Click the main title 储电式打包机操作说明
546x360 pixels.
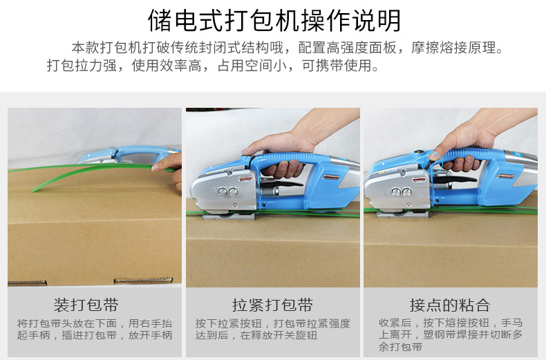[274, 21]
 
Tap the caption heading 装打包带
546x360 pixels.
[86, 305]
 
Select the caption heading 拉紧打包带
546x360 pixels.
[272, 305]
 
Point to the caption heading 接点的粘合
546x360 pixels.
[450, 305]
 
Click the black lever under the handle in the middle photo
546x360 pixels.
[282, 183]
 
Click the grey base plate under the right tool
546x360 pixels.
[402, 214]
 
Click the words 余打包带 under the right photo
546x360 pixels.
[400, 347]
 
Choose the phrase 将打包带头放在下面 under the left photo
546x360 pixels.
[67, 323]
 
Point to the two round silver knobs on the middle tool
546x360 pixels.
[228, 192]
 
